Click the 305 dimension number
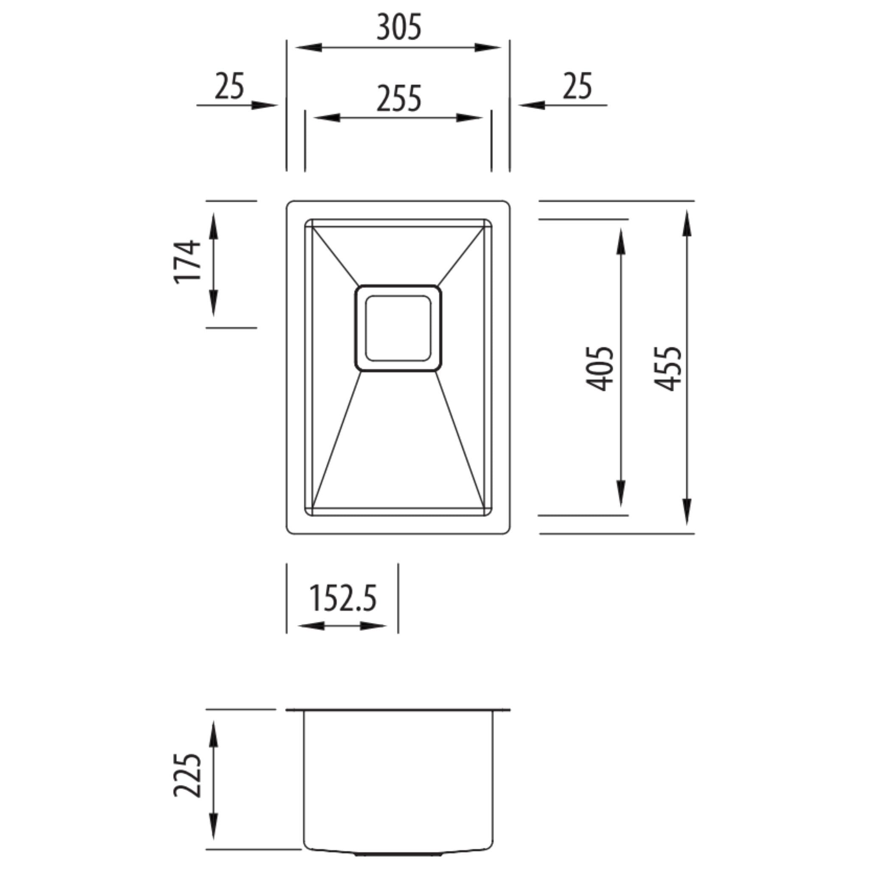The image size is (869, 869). point(398,28)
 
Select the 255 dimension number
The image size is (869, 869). point(398,99)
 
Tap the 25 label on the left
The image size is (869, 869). point(230,87)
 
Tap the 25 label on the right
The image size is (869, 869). point(577,87)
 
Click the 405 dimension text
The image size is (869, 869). point(600,369)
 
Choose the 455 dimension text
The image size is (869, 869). point(668,369)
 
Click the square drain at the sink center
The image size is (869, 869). point(398,328)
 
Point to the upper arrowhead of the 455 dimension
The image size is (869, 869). point(687,223)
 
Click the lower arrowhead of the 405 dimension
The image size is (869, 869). point(621,494)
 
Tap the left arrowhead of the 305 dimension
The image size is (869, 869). point(309,47)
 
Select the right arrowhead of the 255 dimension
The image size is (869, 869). point(469,118)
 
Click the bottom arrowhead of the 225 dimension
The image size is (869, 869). point(214,837)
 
